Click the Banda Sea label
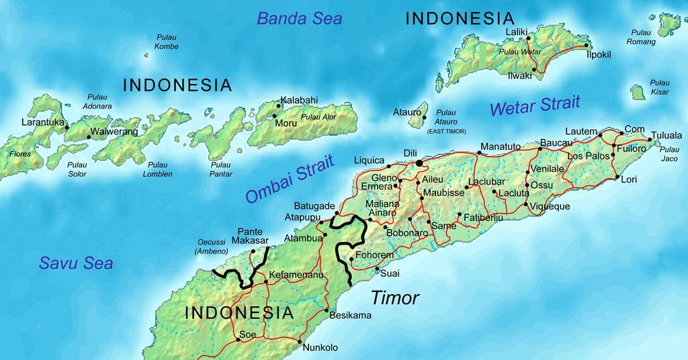click(300, 18)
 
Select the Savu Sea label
click(75, 263)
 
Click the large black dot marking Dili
click(420, 163)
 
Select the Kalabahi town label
click(299, 100)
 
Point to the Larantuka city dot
click(67, 127)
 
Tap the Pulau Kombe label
click(166, 42)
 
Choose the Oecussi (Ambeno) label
click(212, 247)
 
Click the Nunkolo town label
click(320, 347)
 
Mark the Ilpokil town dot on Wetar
click(587, 46)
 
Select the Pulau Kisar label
click(659, 87)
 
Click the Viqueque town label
click(550, 206)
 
